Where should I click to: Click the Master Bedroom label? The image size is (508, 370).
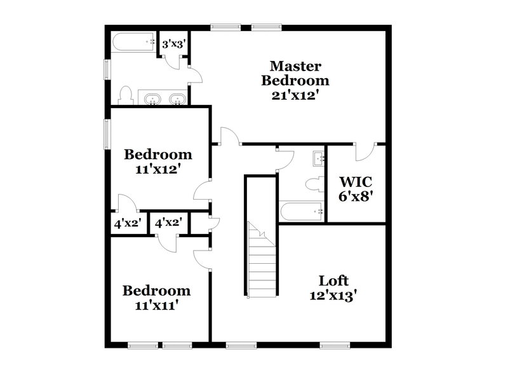coord(295,73)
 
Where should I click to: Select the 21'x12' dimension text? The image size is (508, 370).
coord(295,95)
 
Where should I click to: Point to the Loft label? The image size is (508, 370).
coord(333,280)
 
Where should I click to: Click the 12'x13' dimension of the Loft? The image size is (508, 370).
coord(333,295)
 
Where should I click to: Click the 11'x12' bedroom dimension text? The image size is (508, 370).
coord(157,169)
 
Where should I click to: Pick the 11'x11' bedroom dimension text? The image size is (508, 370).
coord(156,306)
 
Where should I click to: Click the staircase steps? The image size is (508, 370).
coord(262,267)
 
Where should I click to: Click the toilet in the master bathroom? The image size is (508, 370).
coord(126,95)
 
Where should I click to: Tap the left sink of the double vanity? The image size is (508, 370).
coord(153,99)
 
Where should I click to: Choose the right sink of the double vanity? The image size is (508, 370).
coord(177,99)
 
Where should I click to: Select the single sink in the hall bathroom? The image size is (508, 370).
coord(318,158)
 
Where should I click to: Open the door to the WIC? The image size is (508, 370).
coord(364,153)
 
